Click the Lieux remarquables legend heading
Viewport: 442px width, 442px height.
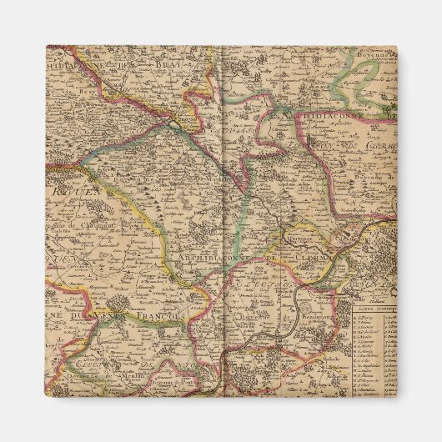coord(374,308)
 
